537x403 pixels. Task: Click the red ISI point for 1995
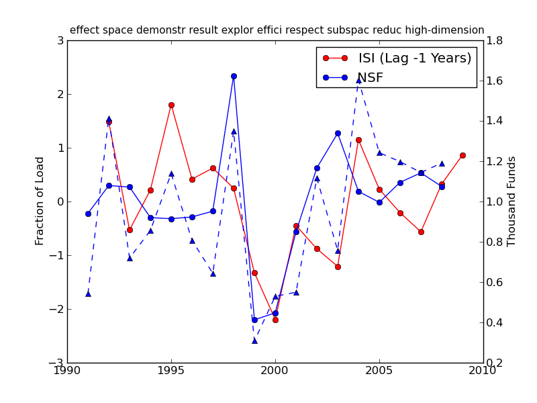point(171,105)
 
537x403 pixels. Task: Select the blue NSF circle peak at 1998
point(234,76)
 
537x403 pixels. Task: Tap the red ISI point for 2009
point(462,155)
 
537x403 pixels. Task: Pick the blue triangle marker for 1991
point(88,294)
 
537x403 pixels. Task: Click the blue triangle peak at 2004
point(358,80)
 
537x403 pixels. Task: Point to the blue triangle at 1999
point(254,341)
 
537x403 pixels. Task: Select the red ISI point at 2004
point(358,140)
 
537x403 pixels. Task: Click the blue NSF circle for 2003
point(338,133)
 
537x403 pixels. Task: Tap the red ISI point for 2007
point(421,232)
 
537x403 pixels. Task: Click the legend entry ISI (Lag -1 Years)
point(414,58)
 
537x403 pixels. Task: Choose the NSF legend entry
point(370,78)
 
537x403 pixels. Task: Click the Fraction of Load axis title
point(40,201)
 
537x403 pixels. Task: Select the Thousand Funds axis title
point(512,201)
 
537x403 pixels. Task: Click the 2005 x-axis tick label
point(379,370)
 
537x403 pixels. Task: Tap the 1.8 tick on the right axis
point(495,40)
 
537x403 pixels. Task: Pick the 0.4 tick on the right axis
point(495,322)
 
